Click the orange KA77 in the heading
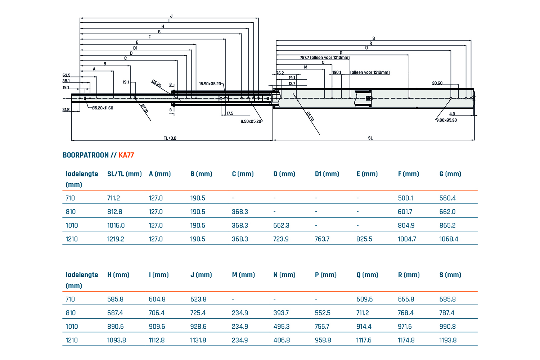(x=126, y=155)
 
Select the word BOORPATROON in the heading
(x=86, y=155)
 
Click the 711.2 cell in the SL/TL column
(x=113, y=198)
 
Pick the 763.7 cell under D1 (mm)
(x=322, y=239)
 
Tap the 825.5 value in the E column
(x=364, y=239)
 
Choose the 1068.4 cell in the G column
(x=449, y=239)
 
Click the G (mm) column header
(x=450, y=174)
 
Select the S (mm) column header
(x=450, y=275)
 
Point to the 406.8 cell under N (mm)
(x=282, y=340)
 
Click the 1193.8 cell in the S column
(x=448, y=340)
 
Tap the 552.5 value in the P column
(x=323, y=313)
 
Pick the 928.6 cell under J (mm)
(x=198, y=327)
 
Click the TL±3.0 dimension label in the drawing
(x=170, y=138)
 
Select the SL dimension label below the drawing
(x=370, y=138)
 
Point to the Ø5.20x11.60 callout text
(x=103, y=108)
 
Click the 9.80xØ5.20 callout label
(x=446, y=120)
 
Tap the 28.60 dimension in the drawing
(x=437, y=83)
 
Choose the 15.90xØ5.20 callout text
(x=210, y=84)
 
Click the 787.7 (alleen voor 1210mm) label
(x=324, y=58)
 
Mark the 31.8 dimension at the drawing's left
(x=66, y=110)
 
